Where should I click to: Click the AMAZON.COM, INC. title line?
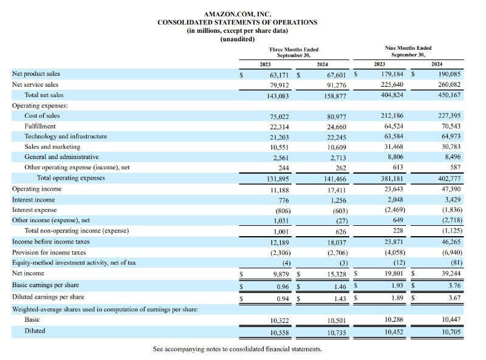(238, 14)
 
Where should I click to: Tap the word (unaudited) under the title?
(238, 39)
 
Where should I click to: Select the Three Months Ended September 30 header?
(293, 52)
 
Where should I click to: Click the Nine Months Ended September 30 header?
(408, 52)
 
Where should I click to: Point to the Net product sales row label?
(36, 73)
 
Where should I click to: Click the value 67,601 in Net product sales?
(337, 75)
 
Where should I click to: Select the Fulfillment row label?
(40, 126)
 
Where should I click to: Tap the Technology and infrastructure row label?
(66, 137)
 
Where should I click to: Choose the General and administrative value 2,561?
(281, 158)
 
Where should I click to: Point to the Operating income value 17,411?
(337, 190)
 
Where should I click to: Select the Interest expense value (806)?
(283, 211)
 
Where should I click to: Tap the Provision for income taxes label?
(49, 253)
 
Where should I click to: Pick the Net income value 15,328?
(337, 274)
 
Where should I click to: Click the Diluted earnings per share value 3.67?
(454, 298)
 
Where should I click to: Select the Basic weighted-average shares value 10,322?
(279, 321)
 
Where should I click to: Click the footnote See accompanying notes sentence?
(238, 349)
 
